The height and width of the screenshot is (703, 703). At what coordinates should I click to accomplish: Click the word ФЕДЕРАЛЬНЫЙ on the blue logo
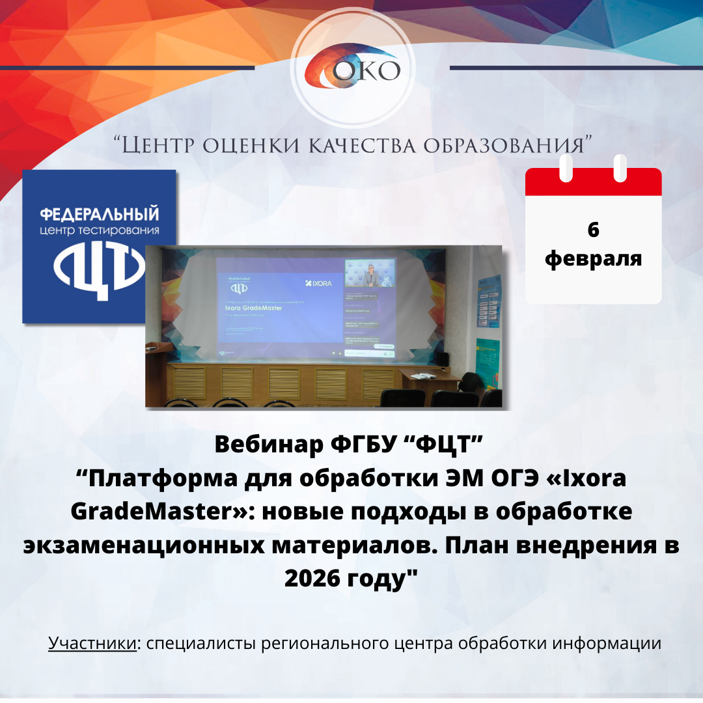(100, 214)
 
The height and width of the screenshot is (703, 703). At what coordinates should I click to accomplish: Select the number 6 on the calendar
(593, 230)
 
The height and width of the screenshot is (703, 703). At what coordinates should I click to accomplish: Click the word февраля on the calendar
(593, 258)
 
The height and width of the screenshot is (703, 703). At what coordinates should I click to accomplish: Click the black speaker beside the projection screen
(442, 359)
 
